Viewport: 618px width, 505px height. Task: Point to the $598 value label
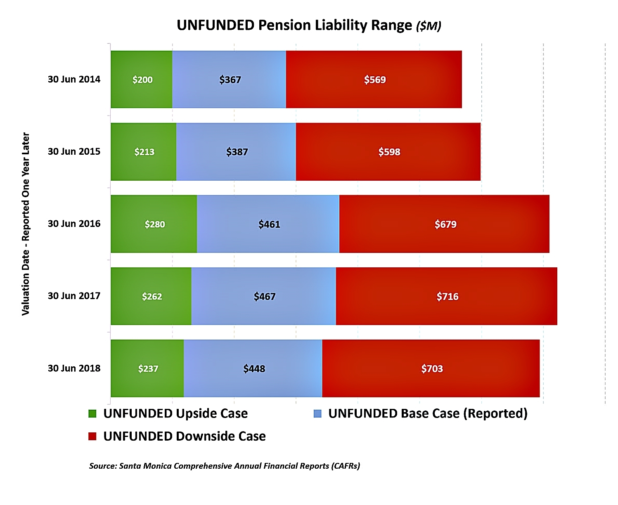coord(389,152)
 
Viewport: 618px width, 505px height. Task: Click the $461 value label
coord(269,224)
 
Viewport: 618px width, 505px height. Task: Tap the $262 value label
coord(152,296)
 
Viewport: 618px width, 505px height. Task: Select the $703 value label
coord(432,368)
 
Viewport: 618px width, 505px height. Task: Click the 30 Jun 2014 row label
coord(74,79)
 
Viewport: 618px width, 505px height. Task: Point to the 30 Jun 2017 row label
coord(74,296)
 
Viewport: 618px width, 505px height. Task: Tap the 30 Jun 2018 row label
coord(74,368)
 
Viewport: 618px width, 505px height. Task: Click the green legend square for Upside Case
coord(92,413)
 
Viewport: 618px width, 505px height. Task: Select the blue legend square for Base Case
coord(317,413)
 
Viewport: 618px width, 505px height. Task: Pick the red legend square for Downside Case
coord(92,436)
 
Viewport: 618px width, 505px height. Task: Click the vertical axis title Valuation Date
coord(26,224)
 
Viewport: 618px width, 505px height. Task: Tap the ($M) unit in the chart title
coord(429,26)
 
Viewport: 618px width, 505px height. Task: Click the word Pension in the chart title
coord(284,26)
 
